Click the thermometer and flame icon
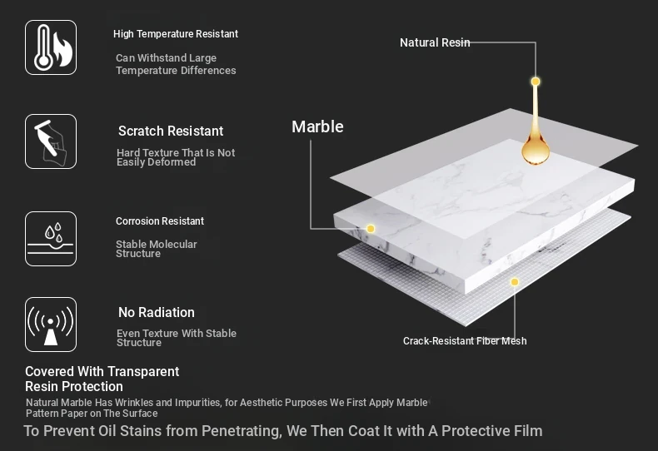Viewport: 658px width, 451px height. (51, 47)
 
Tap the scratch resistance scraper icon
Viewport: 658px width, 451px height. (51, 141)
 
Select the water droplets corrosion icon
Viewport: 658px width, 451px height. (51, 239)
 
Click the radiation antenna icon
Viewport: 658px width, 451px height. (51, 325)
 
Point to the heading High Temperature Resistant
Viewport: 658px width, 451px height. (176, 34)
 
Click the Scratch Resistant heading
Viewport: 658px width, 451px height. (171, 131)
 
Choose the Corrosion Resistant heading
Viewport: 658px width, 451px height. (160, 221)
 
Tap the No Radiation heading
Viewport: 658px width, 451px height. (157, 312)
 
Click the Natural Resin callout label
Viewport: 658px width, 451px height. (435, 42)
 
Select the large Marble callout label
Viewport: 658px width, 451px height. (317, 126)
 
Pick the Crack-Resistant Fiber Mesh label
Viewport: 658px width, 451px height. (465, 341)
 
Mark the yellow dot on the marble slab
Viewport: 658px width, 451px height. (371, 229)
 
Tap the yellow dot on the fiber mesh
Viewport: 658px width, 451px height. (515, 282)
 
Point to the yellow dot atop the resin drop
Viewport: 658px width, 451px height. (536, 82)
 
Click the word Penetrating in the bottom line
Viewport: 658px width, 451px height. (242, 431)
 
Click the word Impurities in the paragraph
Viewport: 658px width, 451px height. (198, 403)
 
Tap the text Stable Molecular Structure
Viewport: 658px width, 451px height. (156, 249)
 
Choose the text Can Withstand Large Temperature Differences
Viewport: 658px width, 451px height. (176, 64)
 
